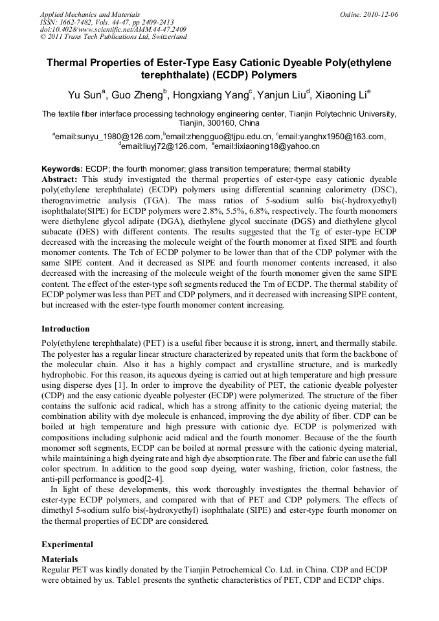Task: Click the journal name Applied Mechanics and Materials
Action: (90, 14)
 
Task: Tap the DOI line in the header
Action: (113, 29)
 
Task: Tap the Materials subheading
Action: (60, 559)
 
